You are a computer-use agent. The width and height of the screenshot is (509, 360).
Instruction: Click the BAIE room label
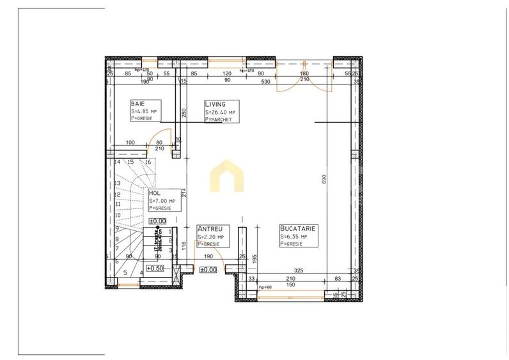[x=137, y=104]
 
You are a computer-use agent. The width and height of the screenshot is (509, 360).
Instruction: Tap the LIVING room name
[x=214, y=104]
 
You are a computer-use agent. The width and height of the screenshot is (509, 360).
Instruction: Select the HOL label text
[x=154, y=192]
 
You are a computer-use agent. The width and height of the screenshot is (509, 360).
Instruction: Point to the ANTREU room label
[x=210, y=228]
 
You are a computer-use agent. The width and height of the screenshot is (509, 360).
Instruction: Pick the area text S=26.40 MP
[x=220, y=112]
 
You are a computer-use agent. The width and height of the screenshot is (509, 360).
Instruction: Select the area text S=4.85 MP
[x=144, y=111]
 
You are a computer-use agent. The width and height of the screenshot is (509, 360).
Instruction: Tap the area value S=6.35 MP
[x=295, y=237]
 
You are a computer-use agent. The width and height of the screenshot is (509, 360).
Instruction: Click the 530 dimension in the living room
[x=266, y=81]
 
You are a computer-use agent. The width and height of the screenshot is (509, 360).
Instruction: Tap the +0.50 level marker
[x=155, y=269]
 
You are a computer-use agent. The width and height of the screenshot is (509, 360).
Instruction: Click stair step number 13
[x=117, y=183]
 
